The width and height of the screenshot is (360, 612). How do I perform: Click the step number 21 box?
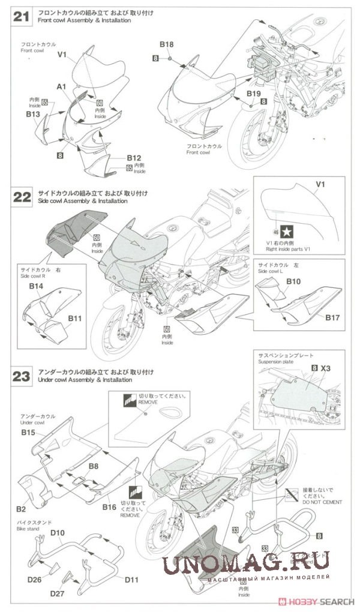22,17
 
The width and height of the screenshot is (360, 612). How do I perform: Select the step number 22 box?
22,197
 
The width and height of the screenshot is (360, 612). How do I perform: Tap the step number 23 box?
22,376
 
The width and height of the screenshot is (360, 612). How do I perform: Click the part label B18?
167,44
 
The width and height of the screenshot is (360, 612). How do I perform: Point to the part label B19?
253,94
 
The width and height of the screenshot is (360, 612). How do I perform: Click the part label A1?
61,87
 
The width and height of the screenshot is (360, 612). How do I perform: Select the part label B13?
32,113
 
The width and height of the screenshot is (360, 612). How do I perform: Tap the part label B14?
37,287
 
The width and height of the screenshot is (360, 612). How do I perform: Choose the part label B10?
293,281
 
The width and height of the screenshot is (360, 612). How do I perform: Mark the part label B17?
334,317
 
